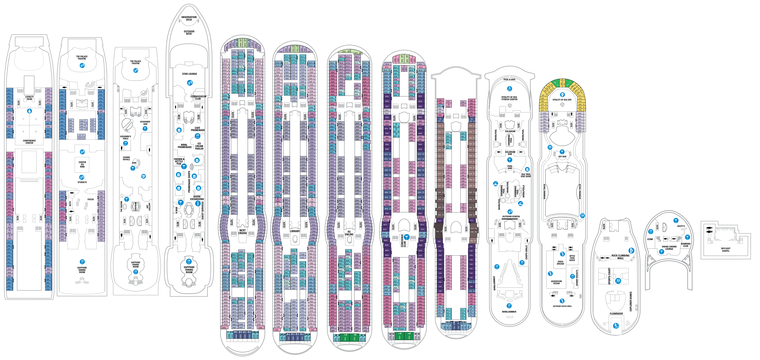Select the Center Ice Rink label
pos(82,164)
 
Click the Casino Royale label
pos(126,158)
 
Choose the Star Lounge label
pos(189,74)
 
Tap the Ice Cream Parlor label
pos(199,146)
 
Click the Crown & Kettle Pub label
pos(179,161)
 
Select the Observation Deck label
pos(189,18)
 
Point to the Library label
pos(295,231)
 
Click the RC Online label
pos(349,233)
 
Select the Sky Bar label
pos(562,157)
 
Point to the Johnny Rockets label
pos(577,278)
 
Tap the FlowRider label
pos(616,314)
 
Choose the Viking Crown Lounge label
pos(669,248)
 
